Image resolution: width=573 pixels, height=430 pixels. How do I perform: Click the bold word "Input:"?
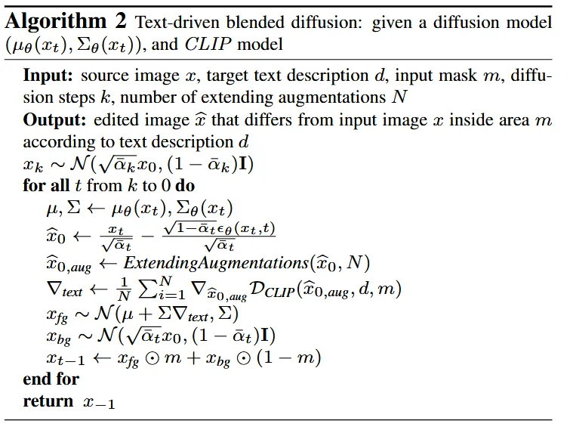pyautogui.click(x=48, y=76)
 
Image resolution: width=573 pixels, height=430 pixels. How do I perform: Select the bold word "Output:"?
pyautogui.click(x=54, y=121)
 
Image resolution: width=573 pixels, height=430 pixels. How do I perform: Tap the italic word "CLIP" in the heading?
pyautogui.click(x=208, y=44)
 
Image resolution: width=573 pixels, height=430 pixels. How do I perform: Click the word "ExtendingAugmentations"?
pyautogui.click(x=215, y=263)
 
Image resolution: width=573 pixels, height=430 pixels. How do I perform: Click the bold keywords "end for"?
pyautogui.click(x=51, y=379)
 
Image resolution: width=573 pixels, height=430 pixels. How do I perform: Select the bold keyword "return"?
pyautogui.click(x=48, y=401)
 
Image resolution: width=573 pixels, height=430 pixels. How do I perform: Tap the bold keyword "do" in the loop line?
pyautogui.click(x=186, y=186)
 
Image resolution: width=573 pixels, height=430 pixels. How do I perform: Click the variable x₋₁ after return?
pyautogui.click(x=99, y=403)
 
